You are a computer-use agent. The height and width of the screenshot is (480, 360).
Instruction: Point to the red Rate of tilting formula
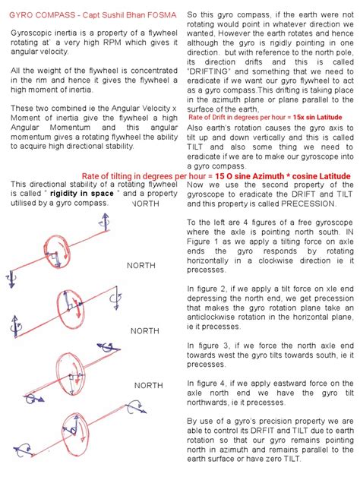pos(216,175)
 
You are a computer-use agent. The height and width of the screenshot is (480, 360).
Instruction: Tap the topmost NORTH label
pos(145,204)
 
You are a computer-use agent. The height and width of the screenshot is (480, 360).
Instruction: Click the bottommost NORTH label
pos(148,386)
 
